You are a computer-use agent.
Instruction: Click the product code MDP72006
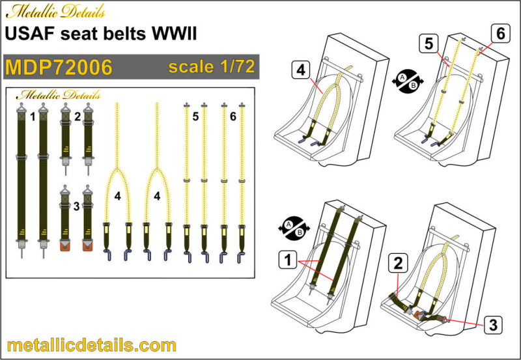[x=59, y=68]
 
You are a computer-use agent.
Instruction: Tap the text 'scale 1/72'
[x=212, y=66]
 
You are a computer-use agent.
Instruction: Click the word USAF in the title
[x=30, y=34]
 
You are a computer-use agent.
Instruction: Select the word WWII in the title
[x=174, y=34]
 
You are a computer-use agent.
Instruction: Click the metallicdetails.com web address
[x=91, y=346]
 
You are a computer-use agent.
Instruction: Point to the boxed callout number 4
[x=301, y=70]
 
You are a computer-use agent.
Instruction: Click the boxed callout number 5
[x=429, y=44]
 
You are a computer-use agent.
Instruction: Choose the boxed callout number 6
[x=501, y=34]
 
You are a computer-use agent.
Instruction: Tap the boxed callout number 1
[x=288, y=259]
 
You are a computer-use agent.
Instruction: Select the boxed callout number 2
[x=398, y=264]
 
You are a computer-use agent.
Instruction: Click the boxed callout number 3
[x=493, y=324]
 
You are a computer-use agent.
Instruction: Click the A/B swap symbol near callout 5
[x=408, y=81]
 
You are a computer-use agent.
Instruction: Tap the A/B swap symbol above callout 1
[x=294, y=228]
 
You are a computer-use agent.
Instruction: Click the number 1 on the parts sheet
[x=33, y=117]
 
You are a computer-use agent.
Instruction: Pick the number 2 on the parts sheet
[x=77, y=117]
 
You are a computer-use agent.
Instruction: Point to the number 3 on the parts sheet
[x=76, y=206]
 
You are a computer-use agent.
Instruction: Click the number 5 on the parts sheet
[x=195, y=117]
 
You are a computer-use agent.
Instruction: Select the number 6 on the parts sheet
[x=233, y=117]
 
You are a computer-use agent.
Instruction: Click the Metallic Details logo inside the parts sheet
[x=59, y=95]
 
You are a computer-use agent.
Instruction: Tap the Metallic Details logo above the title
[x=55, y=12]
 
